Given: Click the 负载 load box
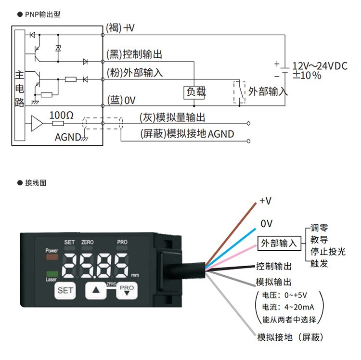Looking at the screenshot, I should coord(195,92).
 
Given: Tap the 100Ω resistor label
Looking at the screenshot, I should coord(62,116).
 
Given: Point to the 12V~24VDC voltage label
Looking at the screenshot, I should coord(320,66).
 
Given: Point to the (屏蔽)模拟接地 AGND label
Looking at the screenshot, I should coord(187,134).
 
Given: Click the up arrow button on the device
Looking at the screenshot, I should coord(98,290).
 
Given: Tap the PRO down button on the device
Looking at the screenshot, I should coord(127,290).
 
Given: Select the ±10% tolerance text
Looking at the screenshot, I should coord(308,76).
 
